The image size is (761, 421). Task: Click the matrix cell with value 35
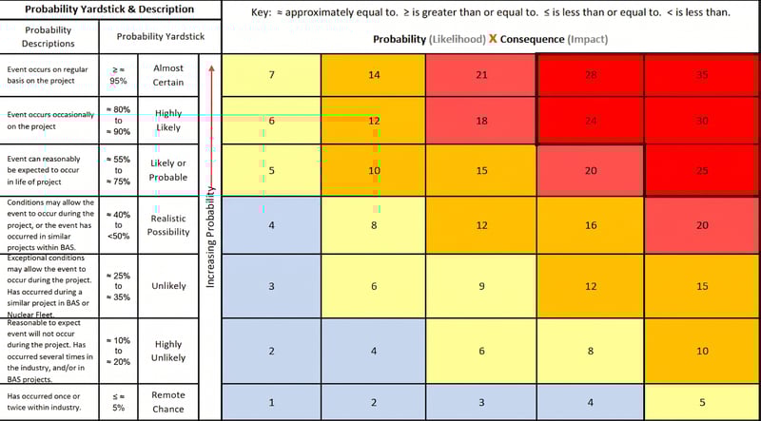pos(702,74)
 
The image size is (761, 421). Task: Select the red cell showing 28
pos(590,74)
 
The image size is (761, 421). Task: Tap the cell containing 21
pos(481,74)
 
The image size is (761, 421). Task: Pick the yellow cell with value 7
pos(272,74)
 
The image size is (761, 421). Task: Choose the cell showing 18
pos(481,121)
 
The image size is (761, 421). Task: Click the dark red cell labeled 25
pos(702,170)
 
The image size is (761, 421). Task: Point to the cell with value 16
pos(590,225)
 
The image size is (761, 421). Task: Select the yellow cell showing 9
pos(481,286)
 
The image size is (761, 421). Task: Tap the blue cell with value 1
pos(272,402)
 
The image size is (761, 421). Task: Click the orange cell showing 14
pos(374,74)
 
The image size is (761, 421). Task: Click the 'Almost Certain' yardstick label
pos(168,75)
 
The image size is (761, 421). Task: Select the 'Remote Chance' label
pos(168,401)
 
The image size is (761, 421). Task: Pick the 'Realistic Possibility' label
pos(168,225)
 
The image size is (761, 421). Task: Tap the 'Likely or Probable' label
pos(168,170)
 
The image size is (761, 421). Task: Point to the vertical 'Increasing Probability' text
pos(211,243)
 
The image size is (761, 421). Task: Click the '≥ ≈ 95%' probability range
pos(119,75)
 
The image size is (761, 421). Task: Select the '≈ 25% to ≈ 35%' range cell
pos(119,285)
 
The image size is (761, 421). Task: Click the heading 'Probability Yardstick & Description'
pos(110,10)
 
